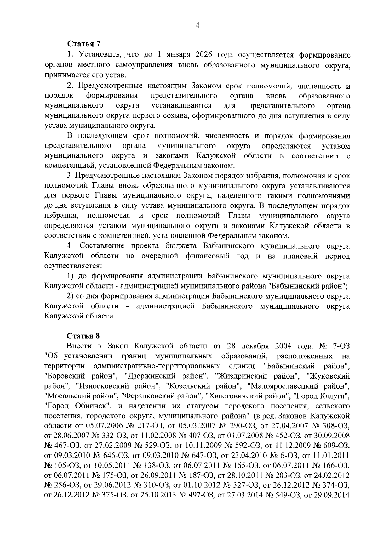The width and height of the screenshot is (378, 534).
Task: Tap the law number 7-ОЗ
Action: [x=341, y=346]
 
